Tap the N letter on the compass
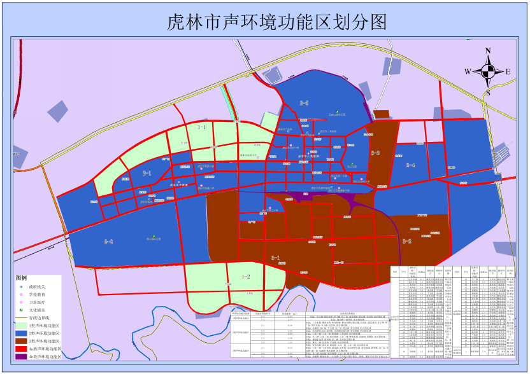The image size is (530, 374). [x=488, y=50]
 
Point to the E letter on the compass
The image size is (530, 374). [x=508, y=72]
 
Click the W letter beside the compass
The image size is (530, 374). [x=468, y=72]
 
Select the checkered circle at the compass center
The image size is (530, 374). [x=488, y=72]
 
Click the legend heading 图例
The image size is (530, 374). [x=22, y=278]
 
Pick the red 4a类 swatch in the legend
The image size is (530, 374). [x=21, y=349]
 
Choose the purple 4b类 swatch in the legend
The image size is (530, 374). [x=21, y=357]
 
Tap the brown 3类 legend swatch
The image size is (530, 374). [x=21, y=340]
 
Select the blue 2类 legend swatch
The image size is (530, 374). [x=21, y=332]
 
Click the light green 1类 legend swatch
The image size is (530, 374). [x=21, y=324]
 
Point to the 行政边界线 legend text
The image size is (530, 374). [x=42, y=316]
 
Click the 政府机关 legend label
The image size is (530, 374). [x=39, y=287]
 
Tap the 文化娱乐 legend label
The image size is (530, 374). [x=39, y=308]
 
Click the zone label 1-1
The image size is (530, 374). [x=202, y=127]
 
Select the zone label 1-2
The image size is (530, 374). [x=245, y=276]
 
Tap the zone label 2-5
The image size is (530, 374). [x=304, y=102]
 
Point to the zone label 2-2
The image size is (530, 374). [x=108, y=242]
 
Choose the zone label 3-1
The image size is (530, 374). [x=276, y=258]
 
